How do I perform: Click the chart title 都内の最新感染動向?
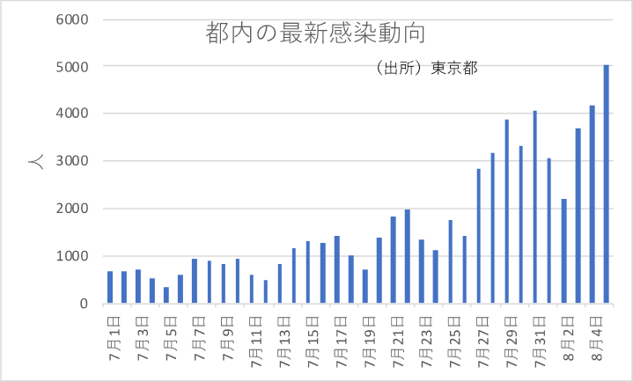(x=314, y=33)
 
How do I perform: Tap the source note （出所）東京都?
(x=425, y=69)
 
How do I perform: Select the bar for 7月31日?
(x=535, y=207)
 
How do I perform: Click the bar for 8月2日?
(x=563, y=251)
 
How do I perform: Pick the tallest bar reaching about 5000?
(x=607, y=184)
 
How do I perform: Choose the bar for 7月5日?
(x=166, y=295)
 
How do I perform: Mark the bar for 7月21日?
(x=394, y=260)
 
